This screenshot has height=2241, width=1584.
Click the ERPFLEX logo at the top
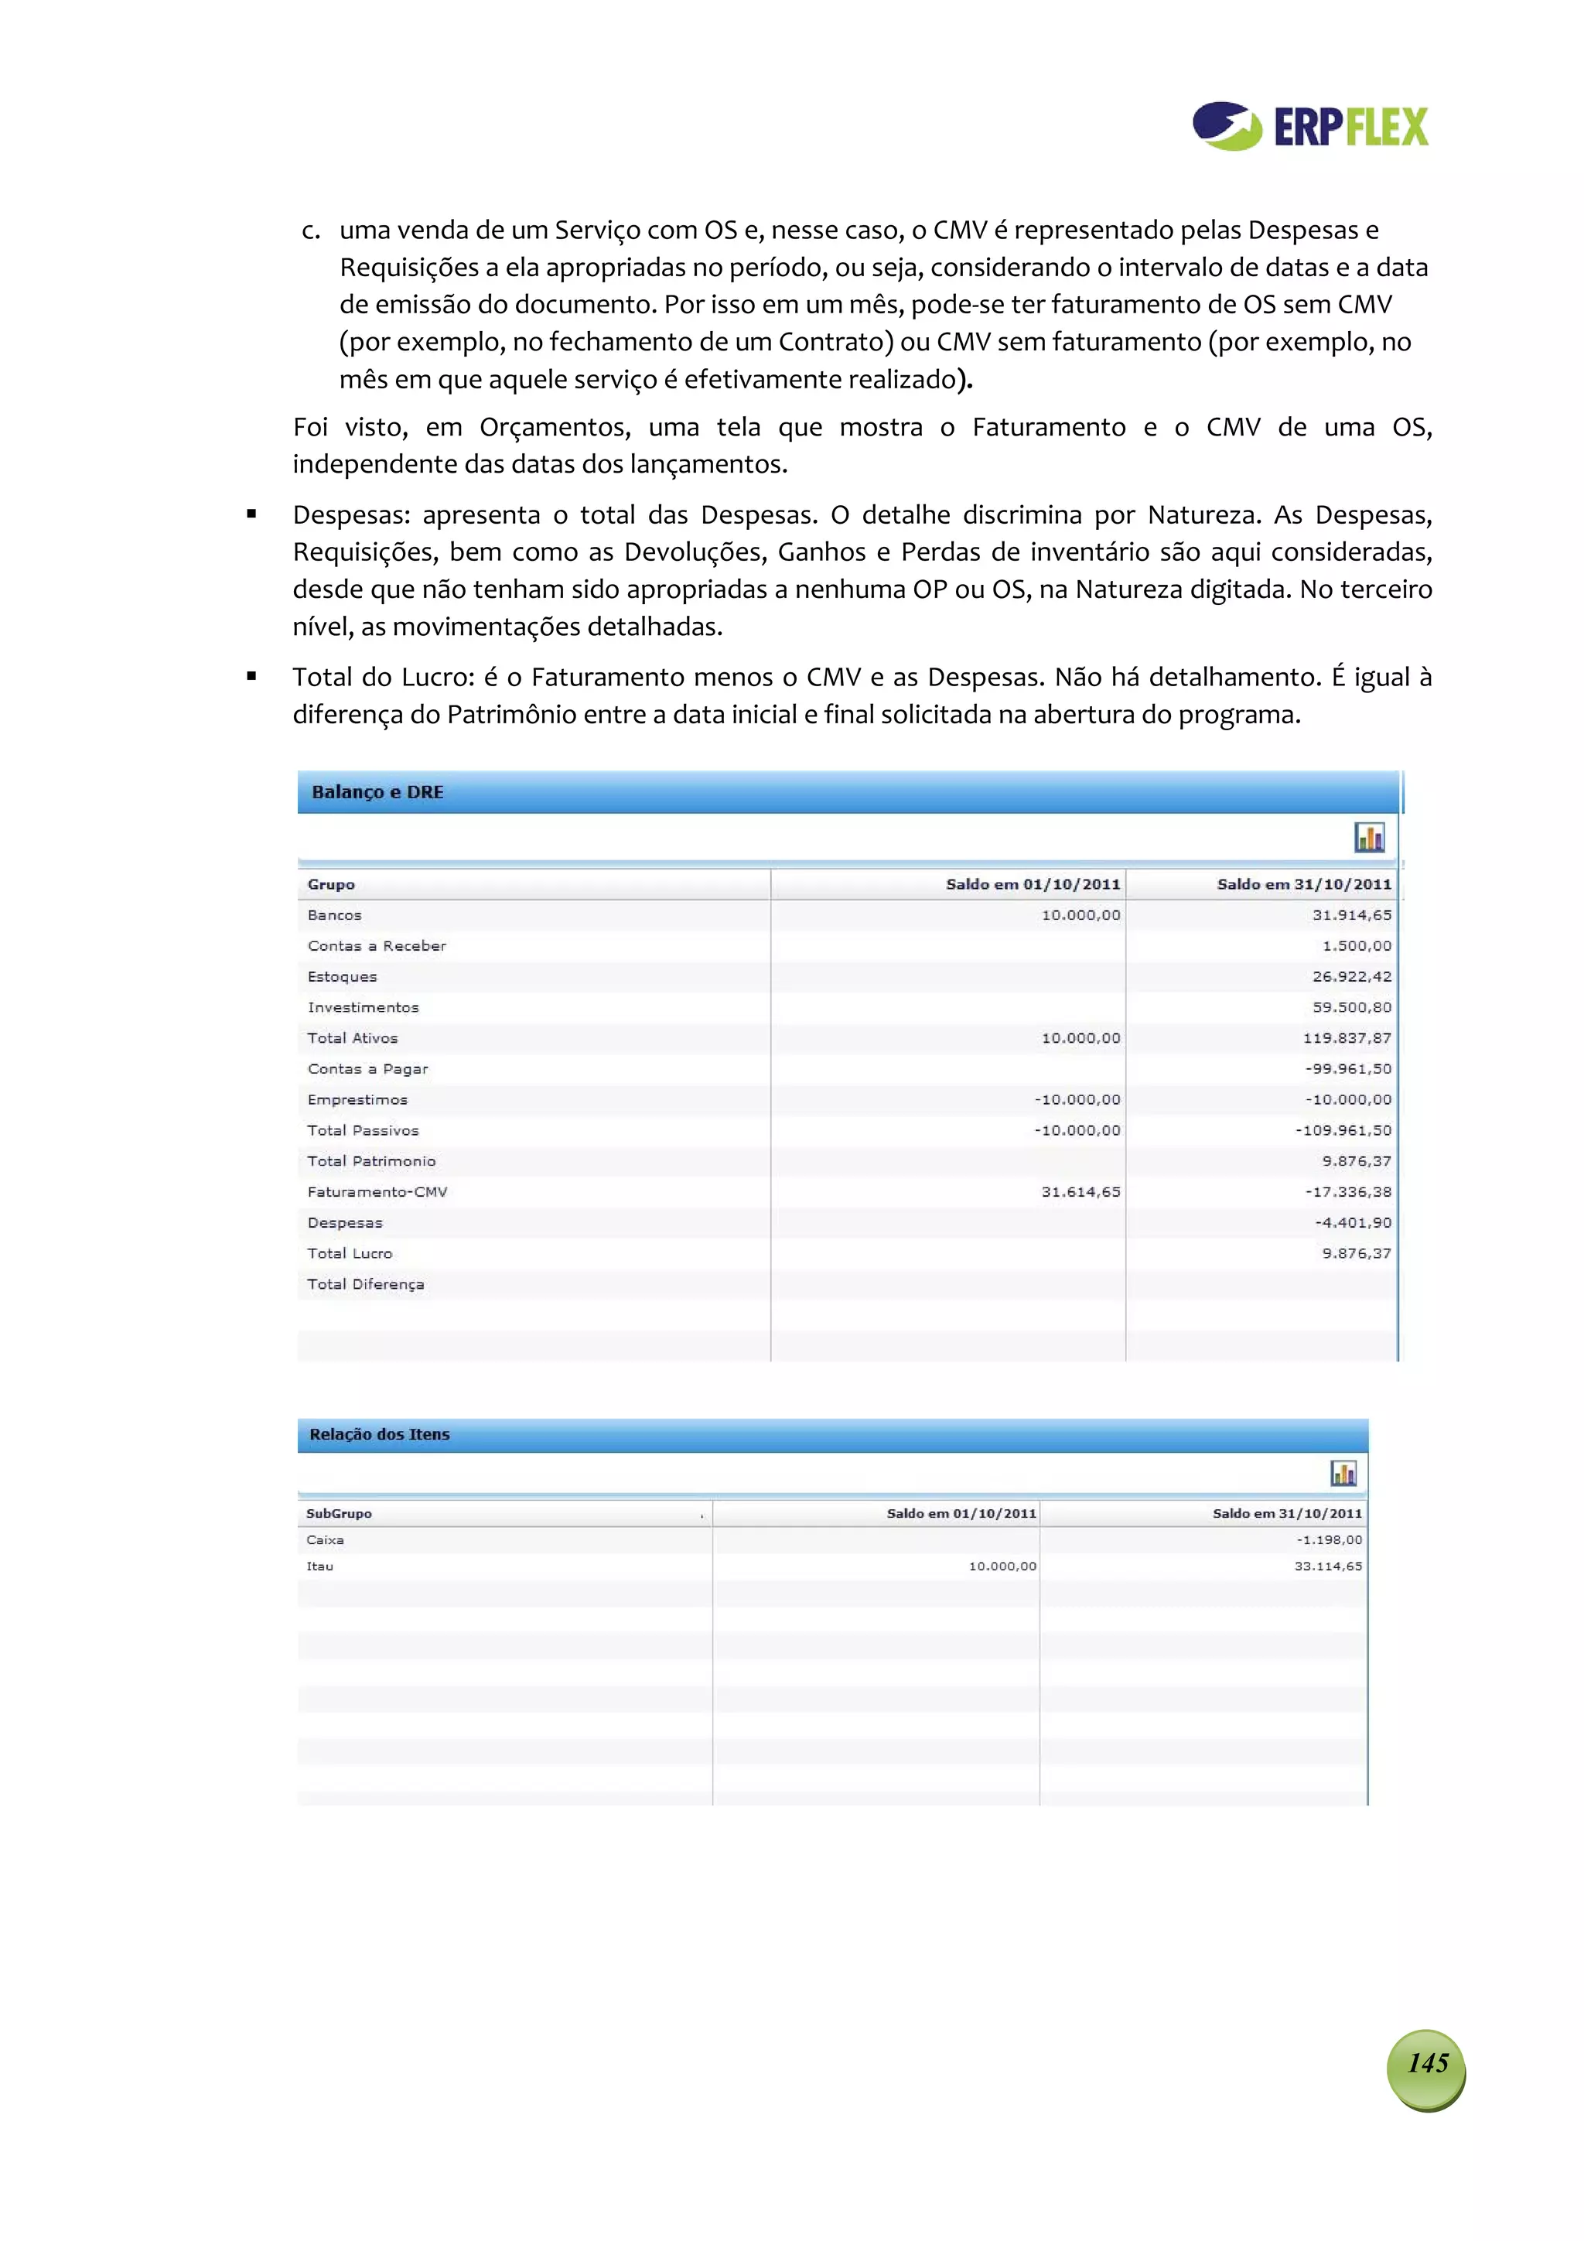click(x=1309, y=126)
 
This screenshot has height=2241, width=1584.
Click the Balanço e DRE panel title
click(x=377, y=791)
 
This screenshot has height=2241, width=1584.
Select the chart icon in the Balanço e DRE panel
click(x=1368, y=838)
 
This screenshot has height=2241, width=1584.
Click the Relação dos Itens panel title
click(x=379, y=1434)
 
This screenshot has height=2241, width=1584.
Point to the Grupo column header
click(x=331, y=884)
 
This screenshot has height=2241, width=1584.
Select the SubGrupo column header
click(x=339, y=1513)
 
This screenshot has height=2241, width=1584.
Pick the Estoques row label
click(x=342, y=976)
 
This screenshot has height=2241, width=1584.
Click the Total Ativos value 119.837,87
click(x=1346, y=1037)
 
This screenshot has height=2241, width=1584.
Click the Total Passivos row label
click(x=363, y=1130)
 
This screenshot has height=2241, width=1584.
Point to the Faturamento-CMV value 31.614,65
click(x=1080, y=1192)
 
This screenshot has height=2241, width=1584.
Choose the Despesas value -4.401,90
click(x=1352, y=1222)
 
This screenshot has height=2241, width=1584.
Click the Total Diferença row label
click(x=365, y=1284)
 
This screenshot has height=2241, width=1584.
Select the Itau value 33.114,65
click(x=1327, y=1566)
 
